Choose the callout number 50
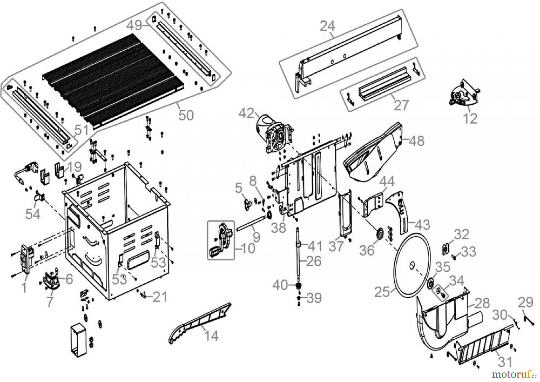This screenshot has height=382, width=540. tap(186, 115)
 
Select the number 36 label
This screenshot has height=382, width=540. tap(367, 250)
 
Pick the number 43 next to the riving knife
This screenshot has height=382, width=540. tap(422, 225)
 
